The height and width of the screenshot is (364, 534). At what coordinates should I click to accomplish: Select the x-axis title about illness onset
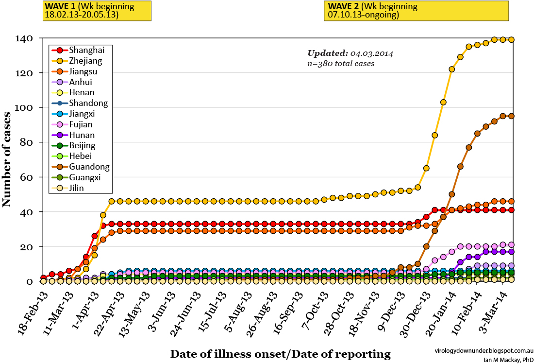[x=280, y=354]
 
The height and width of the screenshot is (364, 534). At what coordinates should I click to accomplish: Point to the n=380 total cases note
[x=341, y=63]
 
